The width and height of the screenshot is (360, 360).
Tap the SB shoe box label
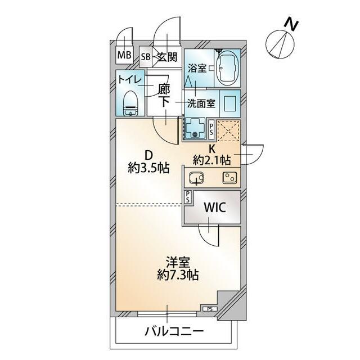pyautogui.click(x=145, y=57)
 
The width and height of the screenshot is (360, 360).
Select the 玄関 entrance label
pyautogui.click(x=166, y=57)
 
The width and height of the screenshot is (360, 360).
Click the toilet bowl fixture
pyautogui.click(x=131, y=103)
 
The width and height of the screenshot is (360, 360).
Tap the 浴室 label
pyautogui.click(x=196, y=67)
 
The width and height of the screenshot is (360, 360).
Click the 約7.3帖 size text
pyautogui.click(x=178, y=275)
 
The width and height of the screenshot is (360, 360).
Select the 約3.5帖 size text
pyautogui.click(x=148, y=168)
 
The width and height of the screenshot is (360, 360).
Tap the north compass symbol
pyautogui.click(x=277, y=42)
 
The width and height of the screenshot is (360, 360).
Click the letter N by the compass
pyautogui.click(x=290, y=24)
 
